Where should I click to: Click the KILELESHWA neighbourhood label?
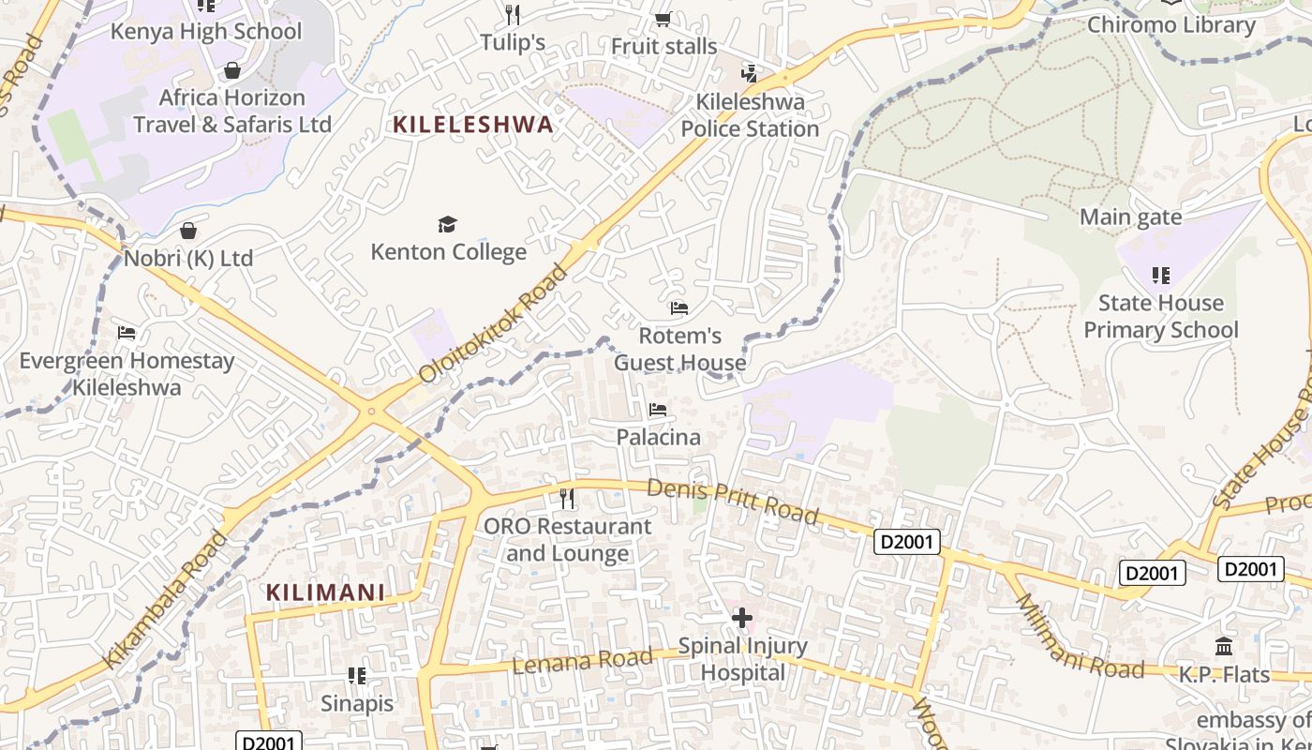click(473, 125)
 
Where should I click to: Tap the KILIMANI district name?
click(326, 592)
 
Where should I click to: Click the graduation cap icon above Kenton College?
click(448, 224)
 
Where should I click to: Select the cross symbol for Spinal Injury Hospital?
click(741, 618)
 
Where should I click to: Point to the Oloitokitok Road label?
click(493, 323)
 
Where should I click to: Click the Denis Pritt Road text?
click(733, 502)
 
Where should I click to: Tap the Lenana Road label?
click(582, 661)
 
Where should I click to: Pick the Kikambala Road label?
click(165, 600)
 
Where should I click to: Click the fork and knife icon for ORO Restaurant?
click(567, 498)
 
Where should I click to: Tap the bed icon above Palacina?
click(658, 410)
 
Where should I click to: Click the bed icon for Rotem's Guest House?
click(679, 307)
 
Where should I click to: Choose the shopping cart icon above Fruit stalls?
click(663, 19)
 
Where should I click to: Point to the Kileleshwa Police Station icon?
click(750, 73)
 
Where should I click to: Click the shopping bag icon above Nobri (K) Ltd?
click(188, 231)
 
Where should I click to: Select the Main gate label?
click(1130, 217)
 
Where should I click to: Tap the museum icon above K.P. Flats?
click(1223, 646)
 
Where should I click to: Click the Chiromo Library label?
click(1170, 25)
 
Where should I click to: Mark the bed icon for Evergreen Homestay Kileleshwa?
click(127, 333)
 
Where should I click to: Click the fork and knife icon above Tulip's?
click(513, 14)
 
